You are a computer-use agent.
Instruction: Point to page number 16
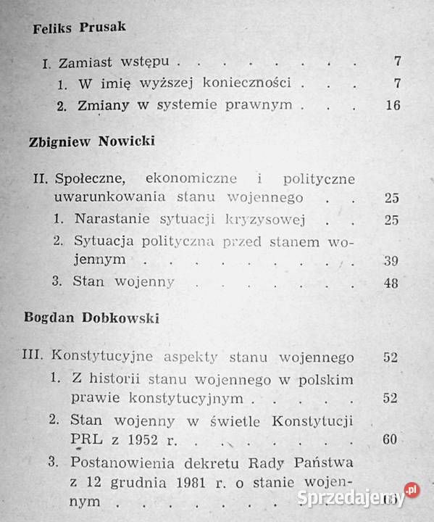[x=393, y=105]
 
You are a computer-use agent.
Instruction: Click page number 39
[x=391, y=259]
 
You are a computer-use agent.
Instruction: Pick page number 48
[x=391, y=283]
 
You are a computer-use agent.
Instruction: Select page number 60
[x=391, y=439]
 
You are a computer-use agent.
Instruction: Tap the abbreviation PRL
[x=86, y=440]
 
